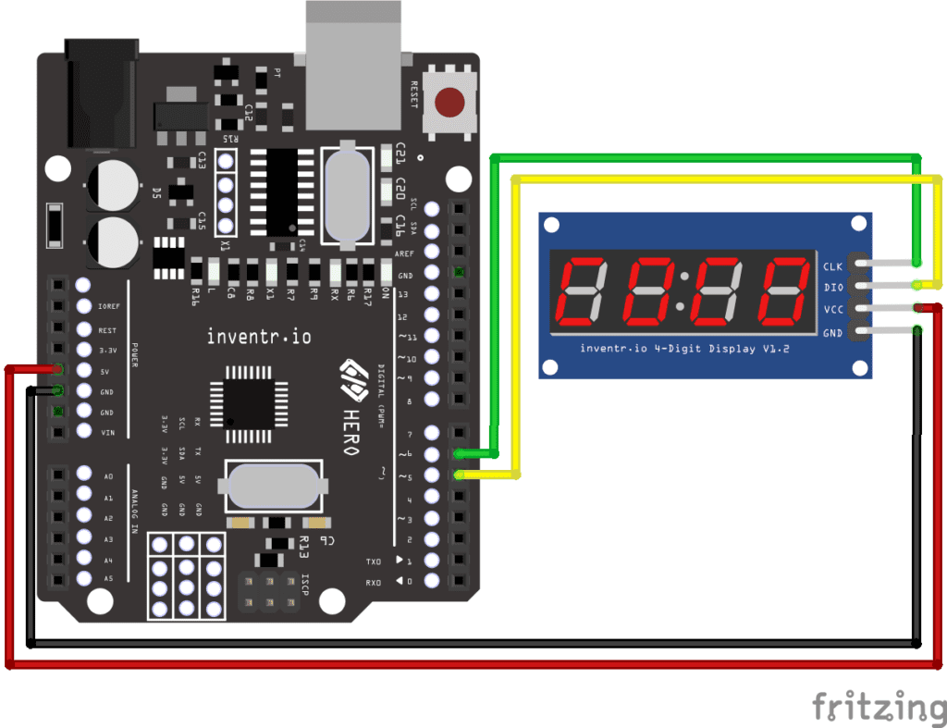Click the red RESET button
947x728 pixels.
click(x=450, y=101)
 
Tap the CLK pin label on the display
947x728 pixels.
click(x=832, y=266)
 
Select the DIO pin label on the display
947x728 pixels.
click(x=832, y=288)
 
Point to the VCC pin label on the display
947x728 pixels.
click(x=832, y=310)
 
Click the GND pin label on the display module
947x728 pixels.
click(x=832, y=332)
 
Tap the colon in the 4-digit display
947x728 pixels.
click(x=683, y=291)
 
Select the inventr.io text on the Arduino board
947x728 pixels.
click(x=259, y=337)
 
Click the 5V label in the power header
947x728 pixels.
click(x=107, y=372)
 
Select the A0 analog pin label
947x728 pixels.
click(x=108, y=475)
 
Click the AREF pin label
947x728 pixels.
click(x=405, y=253)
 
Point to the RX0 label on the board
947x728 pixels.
click(x=374, y=582)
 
